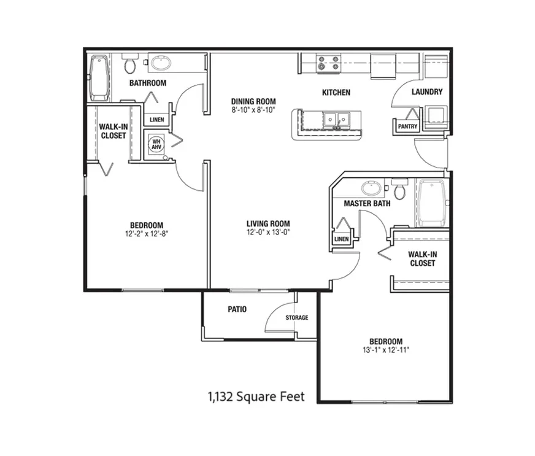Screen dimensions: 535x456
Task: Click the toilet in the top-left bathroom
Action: click(129, 63)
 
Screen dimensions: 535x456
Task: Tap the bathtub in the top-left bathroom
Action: click(99, 78)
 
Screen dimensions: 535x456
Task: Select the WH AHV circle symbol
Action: click(156, 144)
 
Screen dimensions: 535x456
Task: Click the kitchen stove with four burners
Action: click(329, 63)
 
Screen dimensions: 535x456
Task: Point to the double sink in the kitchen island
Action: click(337, 120)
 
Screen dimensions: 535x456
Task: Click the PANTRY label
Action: click(408, 126)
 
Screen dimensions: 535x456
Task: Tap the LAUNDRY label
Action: click(427, 92)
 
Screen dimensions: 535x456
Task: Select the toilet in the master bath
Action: click(399, 188)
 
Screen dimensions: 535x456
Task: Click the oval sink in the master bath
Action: click(372, 188)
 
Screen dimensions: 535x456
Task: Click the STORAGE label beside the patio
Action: click(297, 317)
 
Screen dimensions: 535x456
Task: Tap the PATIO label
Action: click(237, 309)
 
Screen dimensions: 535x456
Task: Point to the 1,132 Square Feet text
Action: click(256, 396)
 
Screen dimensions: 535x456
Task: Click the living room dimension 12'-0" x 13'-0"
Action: click(268, 233)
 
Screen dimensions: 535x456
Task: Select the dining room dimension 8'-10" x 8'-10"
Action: click(253, 110)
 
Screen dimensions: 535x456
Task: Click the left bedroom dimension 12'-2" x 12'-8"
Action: click(147, 234)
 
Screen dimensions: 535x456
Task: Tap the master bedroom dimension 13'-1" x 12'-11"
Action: click(386, 350)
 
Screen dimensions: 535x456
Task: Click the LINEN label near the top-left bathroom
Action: click(157, 120)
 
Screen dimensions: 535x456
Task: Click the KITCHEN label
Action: click(336, 93)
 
